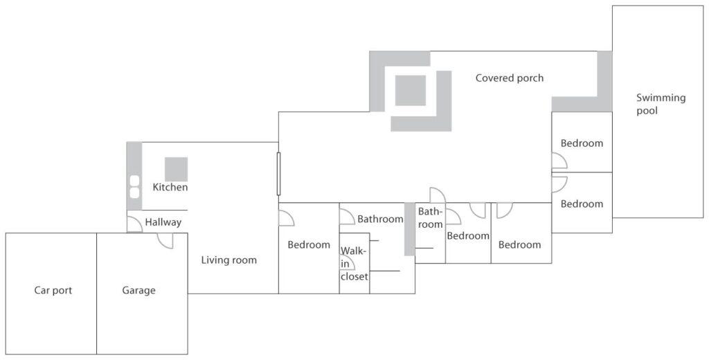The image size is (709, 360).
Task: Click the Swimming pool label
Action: click(x=661, y=104)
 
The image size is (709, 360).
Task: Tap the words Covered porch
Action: click(x=509, y=78)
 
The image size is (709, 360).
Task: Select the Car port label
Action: click(x=53, y=290)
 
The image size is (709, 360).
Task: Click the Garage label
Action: click(x=138, y=290)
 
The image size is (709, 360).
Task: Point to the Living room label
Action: click(x=228, y=260)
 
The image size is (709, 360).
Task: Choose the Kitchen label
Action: click(x=170, y=187)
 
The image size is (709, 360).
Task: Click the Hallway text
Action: click(x=163, y=222)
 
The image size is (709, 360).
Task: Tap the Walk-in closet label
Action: click(x=354, y=263)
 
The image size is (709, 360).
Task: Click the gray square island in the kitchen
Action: click(x=176, y=169)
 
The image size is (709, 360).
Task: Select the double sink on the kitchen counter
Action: click(x=134, y=187)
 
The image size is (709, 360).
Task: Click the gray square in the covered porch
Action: click(x=411, y=91)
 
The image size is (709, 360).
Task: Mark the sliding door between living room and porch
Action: click(x=278, y=174)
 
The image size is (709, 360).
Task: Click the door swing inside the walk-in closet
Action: click(x=348, y=262)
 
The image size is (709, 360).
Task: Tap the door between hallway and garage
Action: click(x=165, y=241)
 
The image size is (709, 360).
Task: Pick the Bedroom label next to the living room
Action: click(x=309, y=244)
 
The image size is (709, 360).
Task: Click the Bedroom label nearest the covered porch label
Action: click(x=582, y=143)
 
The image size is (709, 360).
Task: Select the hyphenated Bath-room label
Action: click(x=430, y=217)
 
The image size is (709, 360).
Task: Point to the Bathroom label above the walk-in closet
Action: click(x=380, y=219)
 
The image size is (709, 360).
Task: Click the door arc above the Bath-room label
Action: click(x=438, y=195)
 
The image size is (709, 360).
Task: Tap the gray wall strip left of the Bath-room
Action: click(x=410, y=229)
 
